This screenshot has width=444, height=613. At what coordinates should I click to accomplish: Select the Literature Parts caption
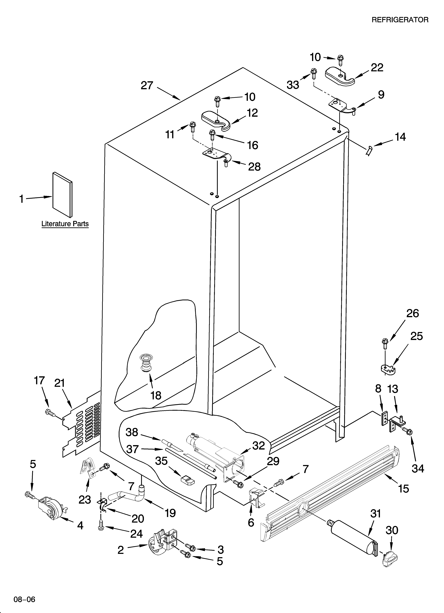(x=65, y=224)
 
